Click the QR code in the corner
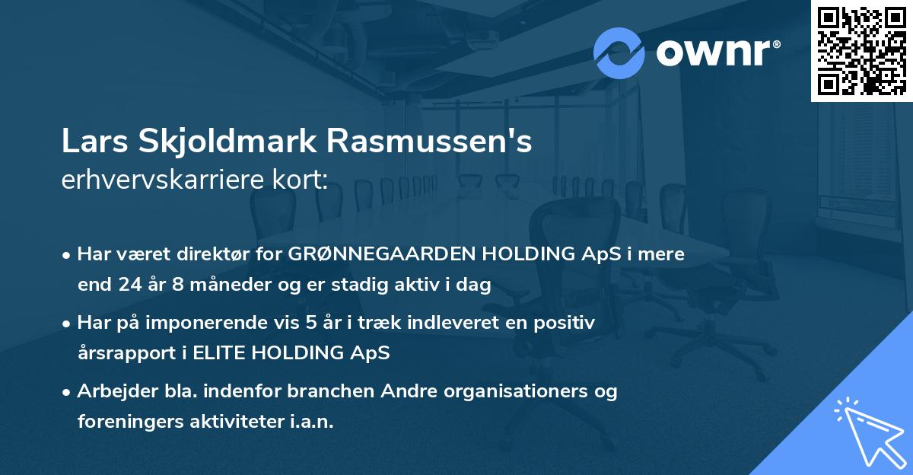click(861, 51)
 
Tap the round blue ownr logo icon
click(619, 53)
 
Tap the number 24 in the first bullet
click(128, 285)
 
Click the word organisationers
click(514, 391)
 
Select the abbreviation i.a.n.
click(310, 422)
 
